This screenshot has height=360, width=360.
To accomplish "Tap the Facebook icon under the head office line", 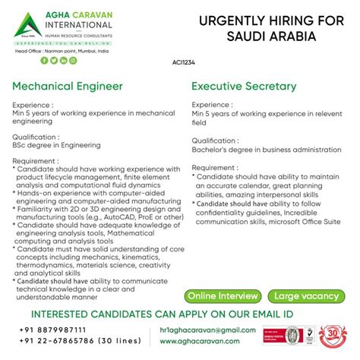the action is tap(44, 60).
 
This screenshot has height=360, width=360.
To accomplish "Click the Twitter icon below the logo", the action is tap(54, 60).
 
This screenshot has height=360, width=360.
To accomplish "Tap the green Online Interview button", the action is tap(223, 295).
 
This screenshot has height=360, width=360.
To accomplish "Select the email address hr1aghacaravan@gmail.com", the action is tap(215, 330).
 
